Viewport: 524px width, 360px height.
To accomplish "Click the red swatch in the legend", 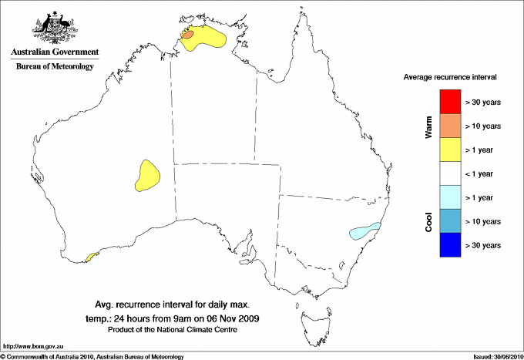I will point(450,102).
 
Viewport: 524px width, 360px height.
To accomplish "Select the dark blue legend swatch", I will point(450,245).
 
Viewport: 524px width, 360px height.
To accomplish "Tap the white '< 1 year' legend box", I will point(450,173).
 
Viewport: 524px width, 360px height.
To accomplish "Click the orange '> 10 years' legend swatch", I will point(450,126).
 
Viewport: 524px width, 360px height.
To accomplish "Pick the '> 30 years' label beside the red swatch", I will point(483,102).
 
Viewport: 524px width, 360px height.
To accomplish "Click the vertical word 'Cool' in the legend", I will point(429,220).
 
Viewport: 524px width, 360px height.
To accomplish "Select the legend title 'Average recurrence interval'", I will point(450,78).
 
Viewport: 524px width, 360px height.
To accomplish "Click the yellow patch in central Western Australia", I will point(146,175).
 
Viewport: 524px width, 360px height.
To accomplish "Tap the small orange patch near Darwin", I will point(190,34).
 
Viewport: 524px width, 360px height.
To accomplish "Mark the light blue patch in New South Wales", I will point(364,230).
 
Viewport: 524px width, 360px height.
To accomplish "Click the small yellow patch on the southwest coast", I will point(93,256).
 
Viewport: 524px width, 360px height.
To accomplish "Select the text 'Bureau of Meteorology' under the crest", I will point(55,67).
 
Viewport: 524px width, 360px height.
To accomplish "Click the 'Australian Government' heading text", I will point(55,52).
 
